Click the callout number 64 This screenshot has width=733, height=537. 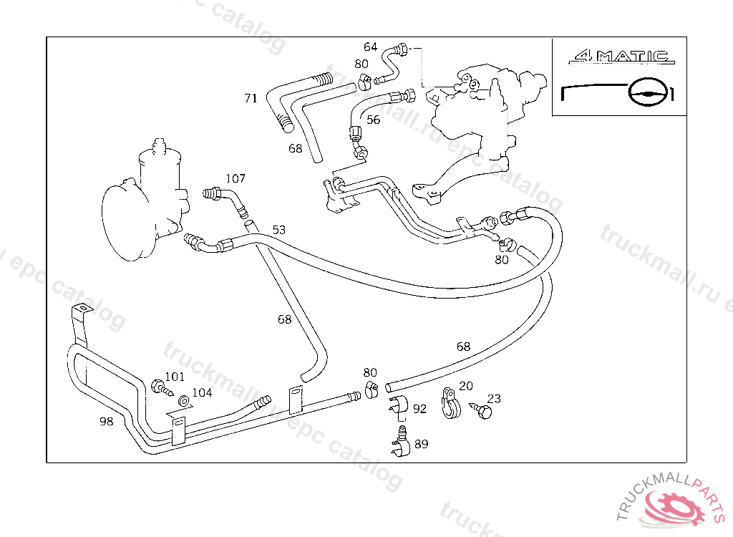pos(370,47)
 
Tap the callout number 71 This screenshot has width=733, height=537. pos(251,98)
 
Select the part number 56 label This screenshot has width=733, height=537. pos(373,120)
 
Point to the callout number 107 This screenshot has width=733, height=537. pos(236,178)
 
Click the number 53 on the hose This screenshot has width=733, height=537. pos(278,230)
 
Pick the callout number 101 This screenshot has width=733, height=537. pos(175,377)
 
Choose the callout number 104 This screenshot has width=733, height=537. pos(202,392)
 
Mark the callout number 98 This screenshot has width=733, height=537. pos(106,421)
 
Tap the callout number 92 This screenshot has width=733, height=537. pos(419,409)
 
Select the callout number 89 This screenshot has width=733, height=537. pos(421,444)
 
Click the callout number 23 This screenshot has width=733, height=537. pos(494,399)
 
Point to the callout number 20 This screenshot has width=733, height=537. pos(465,386)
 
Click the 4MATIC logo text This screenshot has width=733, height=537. pos(618,55)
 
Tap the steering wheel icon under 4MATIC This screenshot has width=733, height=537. pos(651,92)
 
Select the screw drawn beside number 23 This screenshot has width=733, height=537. pos(482,410)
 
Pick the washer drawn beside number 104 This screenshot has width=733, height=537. pos(183,401)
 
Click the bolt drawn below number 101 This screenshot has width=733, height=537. pos(162,389)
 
